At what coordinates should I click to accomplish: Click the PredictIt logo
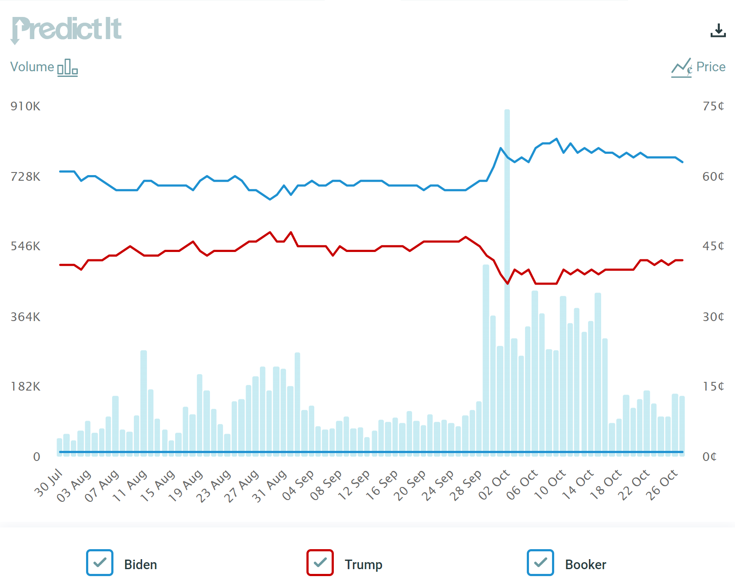coord(66,30)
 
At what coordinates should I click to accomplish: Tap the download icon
coord(718,30)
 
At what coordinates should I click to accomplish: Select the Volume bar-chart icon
coord(67,67)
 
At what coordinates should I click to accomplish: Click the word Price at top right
coord(711,67)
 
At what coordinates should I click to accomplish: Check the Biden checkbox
coord(100,563)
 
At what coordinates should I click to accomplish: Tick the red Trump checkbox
coord(320,563)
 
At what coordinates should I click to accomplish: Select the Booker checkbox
coord(540,563)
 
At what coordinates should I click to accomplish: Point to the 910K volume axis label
coord(26,106)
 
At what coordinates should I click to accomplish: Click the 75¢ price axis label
coord(713,106)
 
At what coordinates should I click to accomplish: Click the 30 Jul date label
coord(49,483)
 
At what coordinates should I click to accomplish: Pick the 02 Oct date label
coord(494,485)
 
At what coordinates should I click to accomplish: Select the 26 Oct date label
coord(662,485)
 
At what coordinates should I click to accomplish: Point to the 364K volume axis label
coord(26,317)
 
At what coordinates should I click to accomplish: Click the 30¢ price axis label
coord(713,317)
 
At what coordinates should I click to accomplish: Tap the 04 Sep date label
coord(298,485)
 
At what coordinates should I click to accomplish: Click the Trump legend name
coord(363,564)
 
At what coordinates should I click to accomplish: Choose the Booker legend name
coord(585,564)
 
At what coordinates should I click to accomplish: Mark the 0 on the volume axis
coord(37,457)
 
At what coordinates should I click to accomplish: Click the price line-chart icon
coord(681,67)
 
